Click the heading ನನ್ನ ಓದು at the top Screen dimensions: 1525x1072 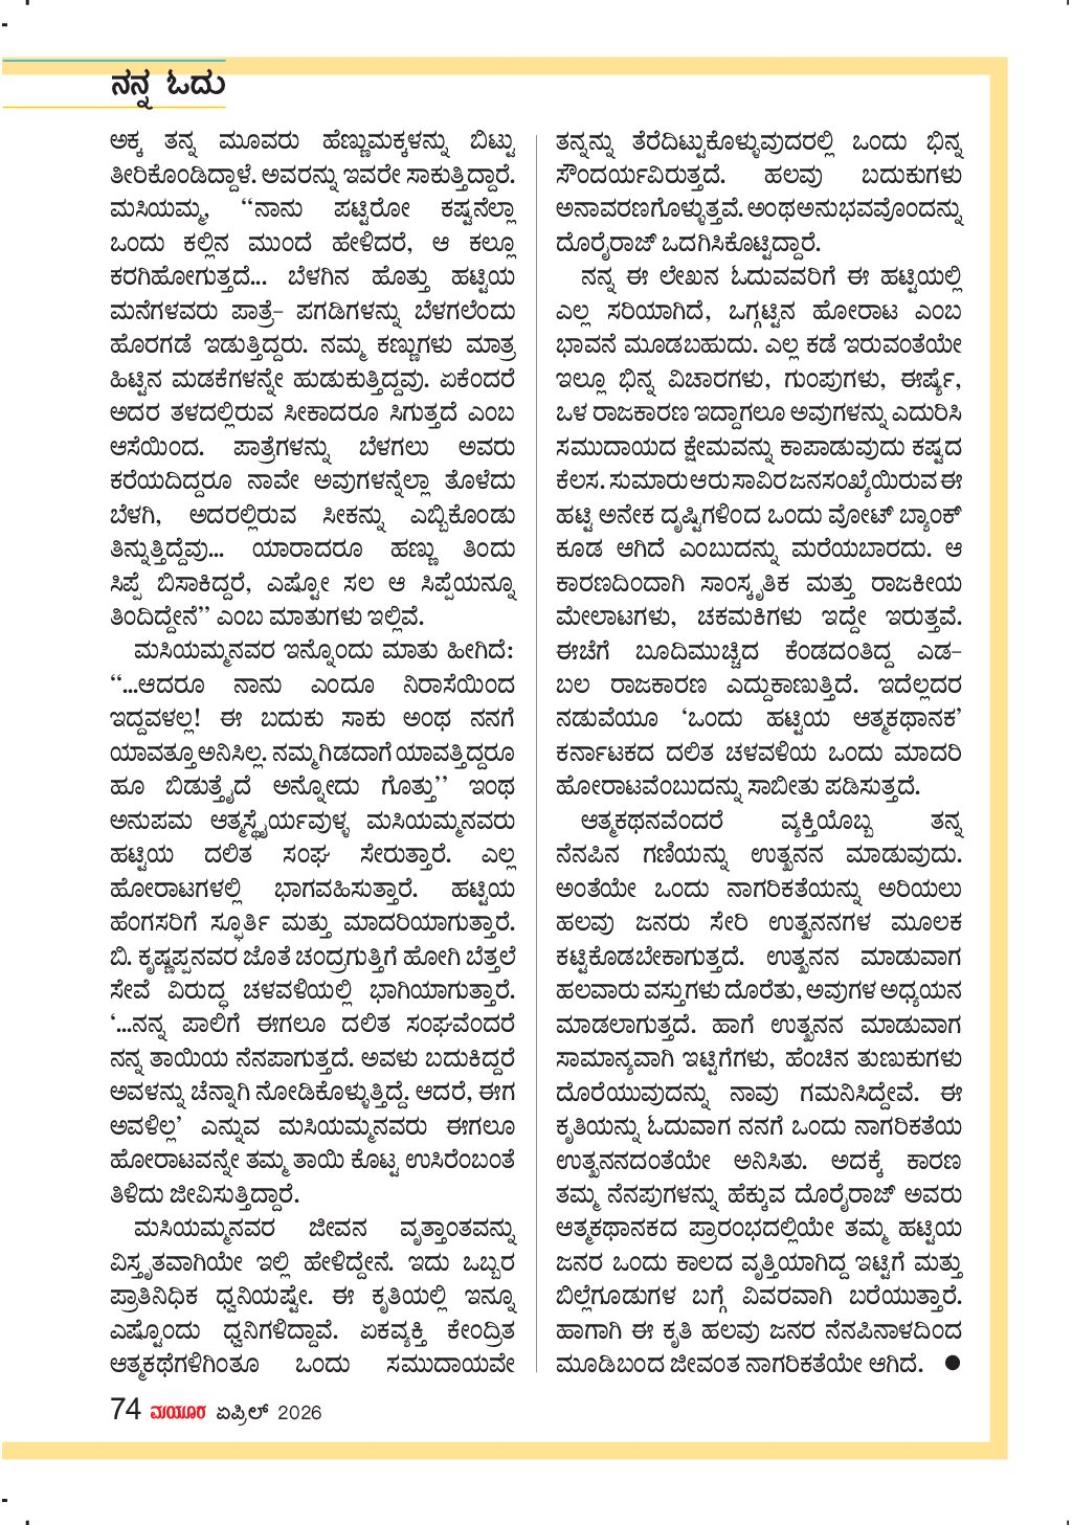coord(167,85)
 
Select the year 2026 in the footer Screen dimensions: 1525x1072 coord(299,1411)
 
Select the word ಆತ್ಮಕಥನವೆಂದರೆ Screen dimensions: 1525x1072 coord(651,822)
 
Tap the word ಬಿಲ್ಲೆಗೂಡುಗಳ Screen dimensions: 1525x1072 coord(613,1296)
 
